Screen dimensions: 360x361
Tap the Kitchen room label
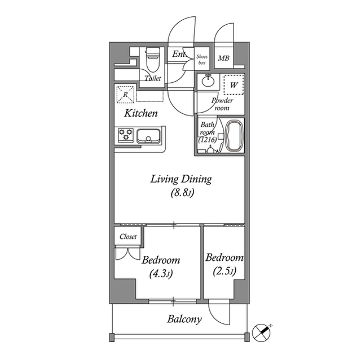tap(141, 113)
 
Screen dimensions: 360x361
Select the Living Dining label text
tap(180, 179)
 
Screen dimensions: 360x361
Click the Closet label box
tap(128, 237)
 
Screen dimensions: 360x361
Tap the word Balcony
tap(184, 319)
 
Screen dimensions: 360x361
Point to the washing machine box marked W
tap(234, 85)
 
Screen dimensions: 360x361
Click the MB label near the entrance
tap(223, 58)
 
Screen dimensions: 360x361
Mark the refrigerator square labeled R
tap(124, 94)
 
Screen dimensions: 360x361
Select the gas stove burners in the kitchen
tap(125, 135)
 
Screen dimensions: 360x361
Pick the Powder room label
tap(222, 104)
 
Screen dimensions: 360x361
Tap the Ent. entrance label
tap(179, 54)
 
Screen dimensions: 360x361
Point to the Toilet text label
tap(153, 78)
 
